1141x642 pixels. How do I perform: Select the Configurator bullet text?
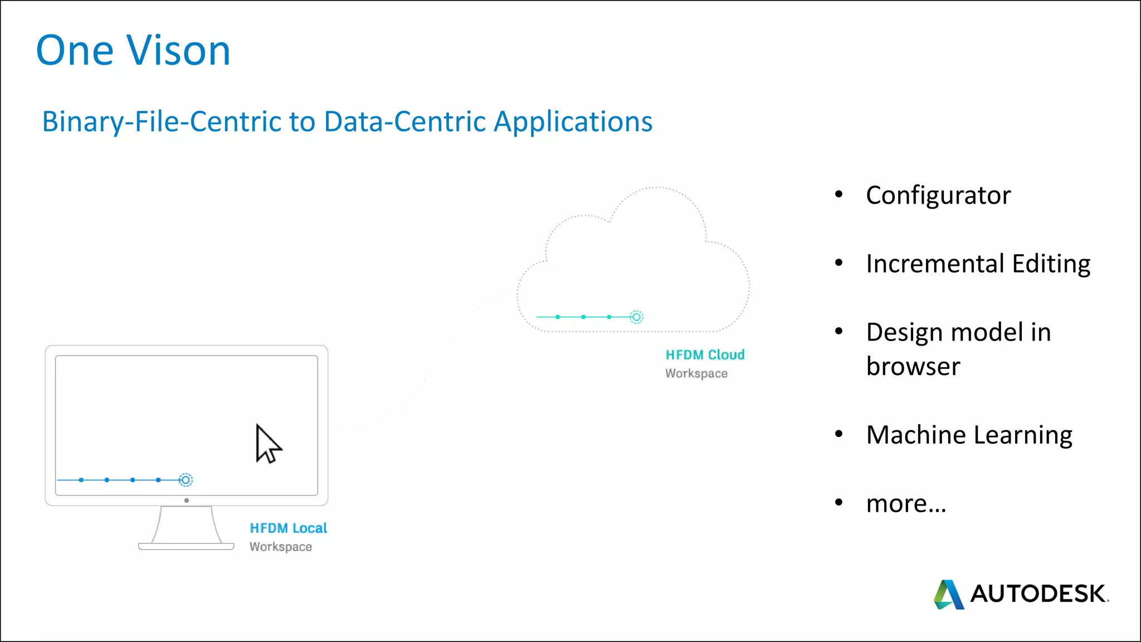(x=938, y=196)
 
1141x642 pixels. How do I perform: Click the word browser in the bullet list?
(x=913, y=367)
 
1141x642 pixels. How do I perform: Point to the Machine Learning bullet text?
(x=969, y=435)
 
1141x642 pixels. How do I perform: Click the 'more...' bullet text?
(x=906, y=504)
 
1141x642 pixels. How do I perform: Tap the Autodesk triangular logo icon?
(x=948, y=595)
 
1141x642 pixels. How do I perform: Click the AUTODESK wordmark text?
(x=1038, y=594)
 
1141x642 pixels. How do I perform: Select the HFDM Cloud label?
(x=705, y=355)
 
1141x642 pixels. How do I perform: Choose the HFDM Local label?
(x=288, y=528)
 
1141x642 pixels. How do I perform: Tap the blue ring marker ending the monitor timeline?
(x=186, y=480)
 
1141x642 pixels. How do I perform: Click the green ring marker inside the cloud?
(x=636, y=317)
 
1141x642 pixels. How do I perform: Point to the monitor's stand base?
(x=186, y=547)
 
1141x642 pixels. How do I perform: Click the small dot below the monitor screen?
(x=187, y=500)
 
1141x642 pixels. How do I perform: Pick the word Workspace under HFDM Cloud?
(x=696, y=373)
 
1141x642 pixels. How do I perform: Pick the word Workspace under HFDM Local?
(x=280, y=547)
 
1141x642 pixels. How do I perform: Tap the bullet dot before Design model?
(x=838, y=332)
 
